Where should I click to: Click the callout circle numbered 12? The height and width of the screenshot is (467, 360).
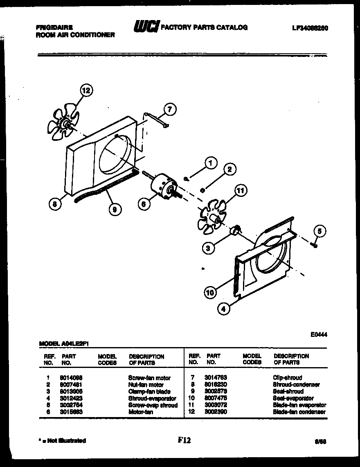(87, 90)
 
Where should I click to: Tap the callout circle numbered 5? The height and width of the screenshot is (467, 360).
(320, 232)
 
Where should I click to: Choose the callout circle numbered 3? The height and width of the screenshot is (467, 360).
(209, 248)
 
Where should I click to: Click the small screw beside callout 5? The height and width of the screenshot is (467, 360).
(314, 245)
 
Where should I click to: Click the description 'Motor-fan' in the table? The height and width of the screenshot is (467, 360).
(140, 412)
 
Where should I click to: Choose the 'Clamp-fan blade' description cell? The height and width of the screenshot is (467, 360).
(149, 392)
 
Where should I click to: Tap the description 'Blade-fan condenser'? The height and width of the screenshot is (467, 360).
(299, 412)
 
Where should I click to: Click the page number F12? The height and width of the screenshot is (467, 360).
(184, 440)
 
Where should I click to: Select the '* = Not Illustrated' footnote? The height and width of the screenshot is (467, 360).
(61, 441)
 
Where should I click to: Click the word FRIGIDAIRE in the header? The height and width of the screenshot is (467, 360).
(55, 28)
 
